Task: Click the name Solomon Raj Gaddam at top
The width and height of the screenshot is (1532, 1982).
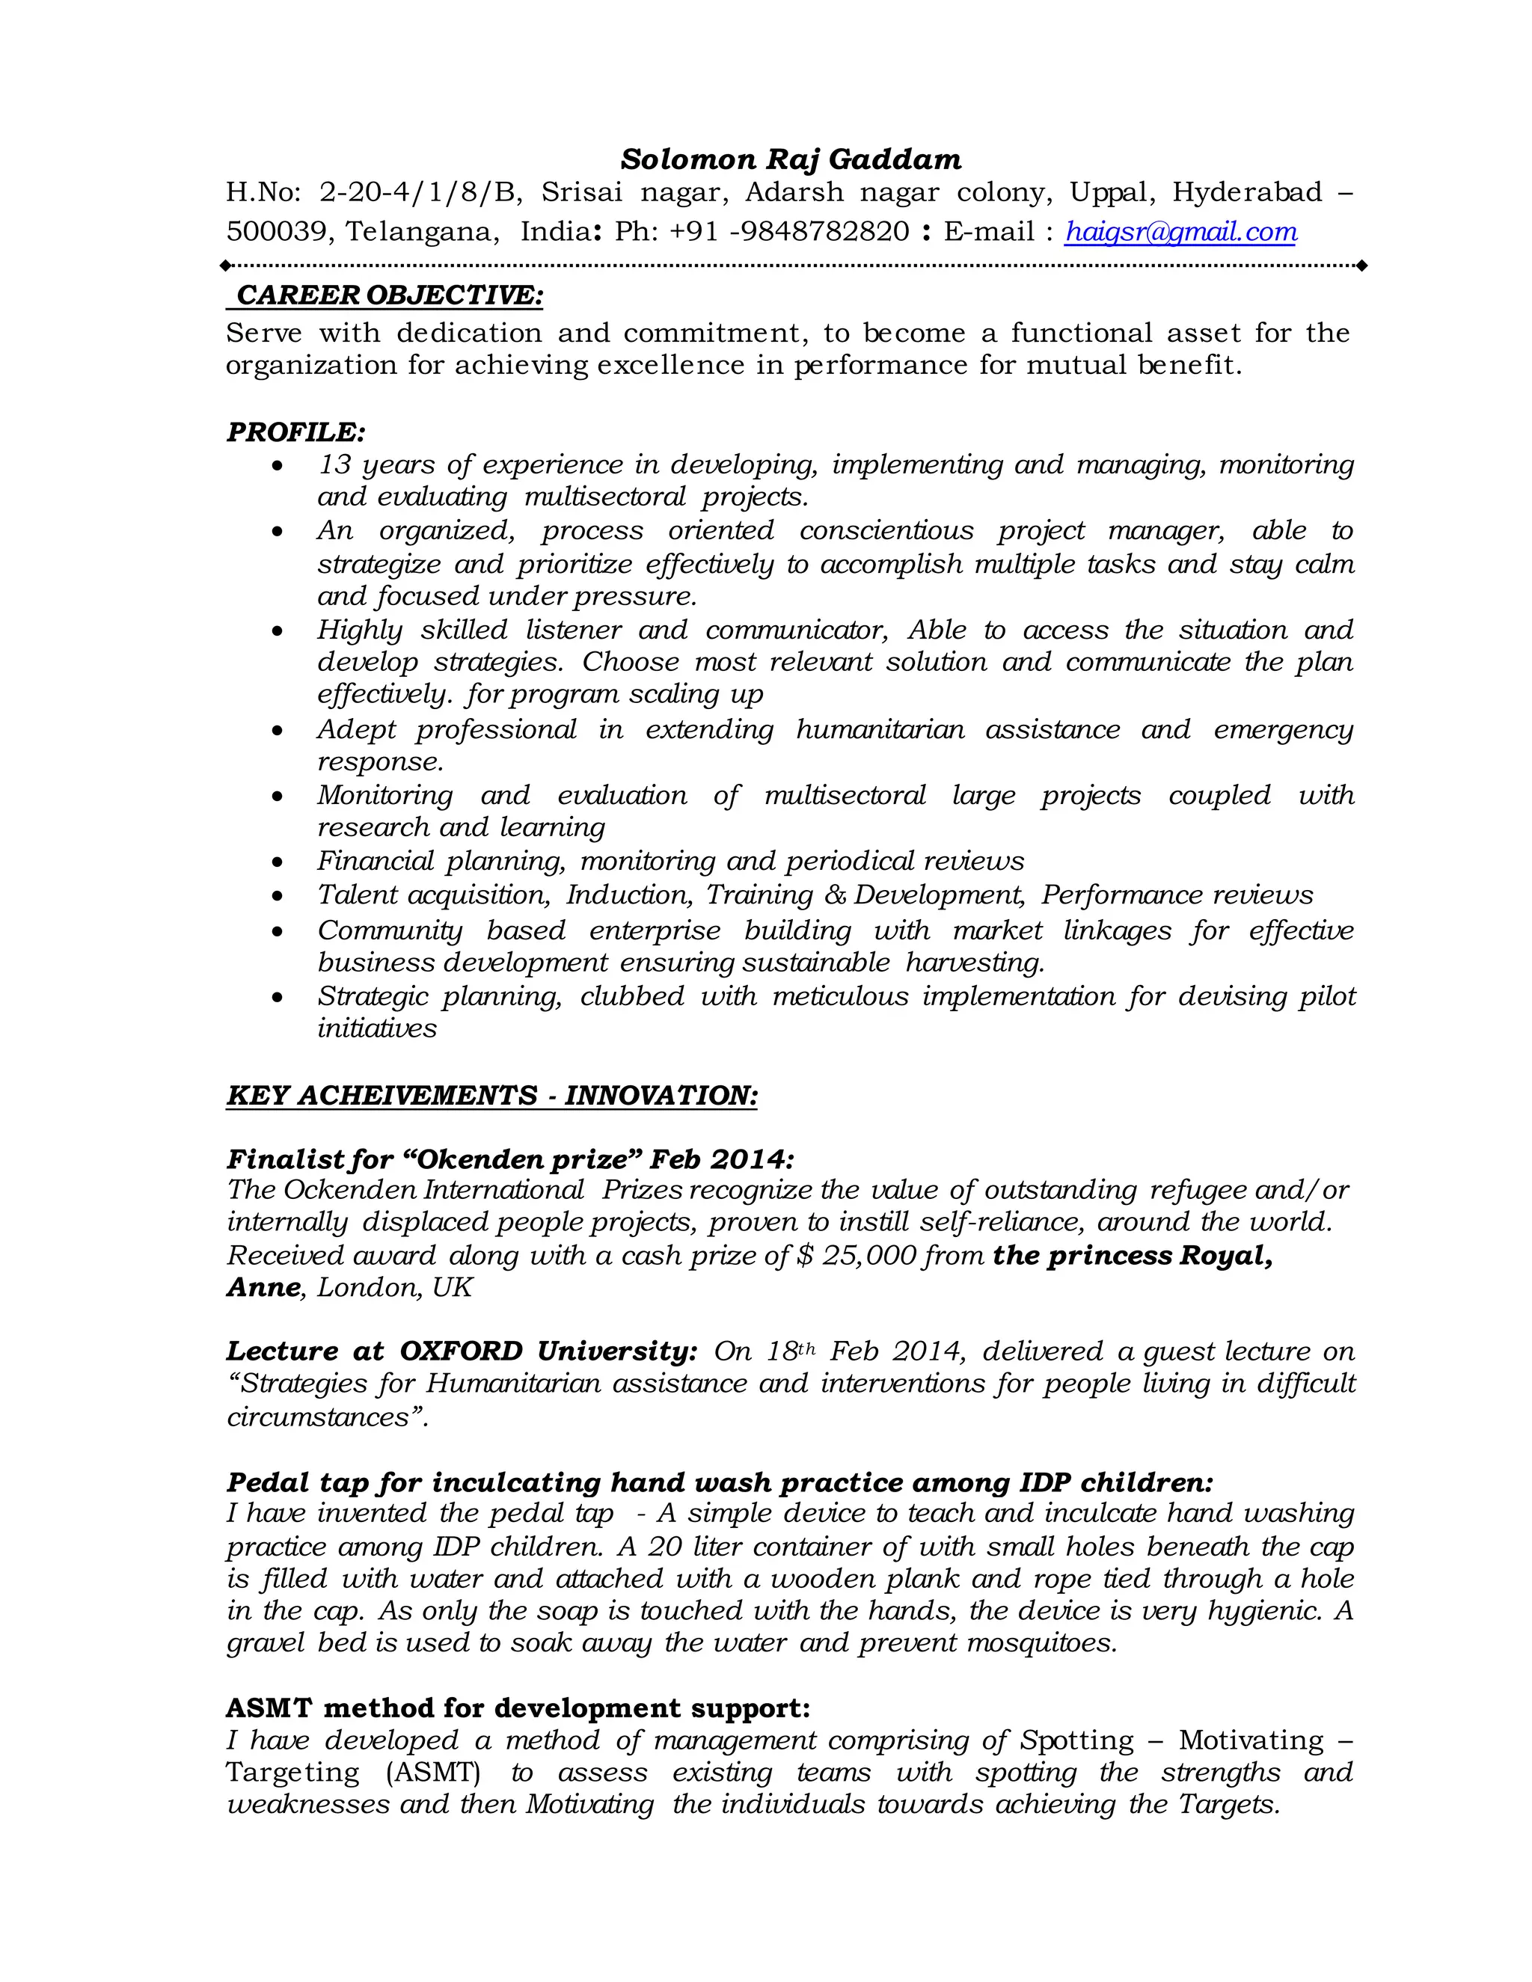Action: pos(791,160)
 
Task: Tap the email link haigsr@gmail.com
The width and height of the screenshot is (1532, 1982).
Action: pos(1180,233)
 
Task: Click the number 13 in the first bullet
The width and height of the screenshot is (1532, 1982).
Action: pos(334,464)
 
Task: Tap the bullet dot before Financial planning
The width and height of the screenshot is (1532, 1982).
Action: pos(278,862)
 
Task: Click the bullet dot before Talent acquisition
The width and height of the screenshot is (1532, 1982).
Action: pos(278,897)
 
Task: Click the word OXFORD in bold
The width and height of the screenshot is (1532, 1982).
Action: pos(461,1351)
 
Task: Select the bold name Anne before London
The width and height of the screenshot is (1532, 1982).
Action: pos(263,1288)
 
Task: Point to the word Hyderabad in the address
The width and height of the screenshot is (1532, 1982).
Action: pos(1247,192)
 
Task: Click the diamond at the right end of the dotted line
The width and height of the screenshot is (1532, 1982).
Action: pos(1361,266)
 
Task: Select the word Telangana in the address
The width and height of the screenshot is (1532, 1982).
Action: pos(421,233)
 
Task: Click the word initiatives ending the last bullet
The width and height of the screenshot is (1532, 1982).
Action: pos(377,1029)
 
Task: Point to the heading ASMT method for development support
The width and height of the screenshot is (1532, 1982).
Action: pos(518,1708)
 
